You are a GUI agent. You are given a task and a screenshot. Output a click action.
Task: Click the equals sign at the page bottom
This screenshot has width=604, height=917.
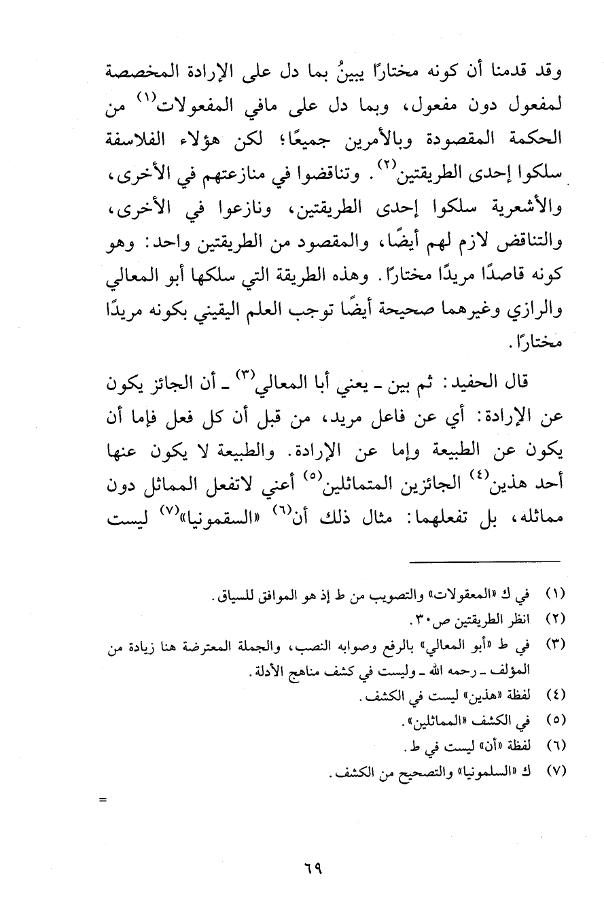click(x=103, y=799)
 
